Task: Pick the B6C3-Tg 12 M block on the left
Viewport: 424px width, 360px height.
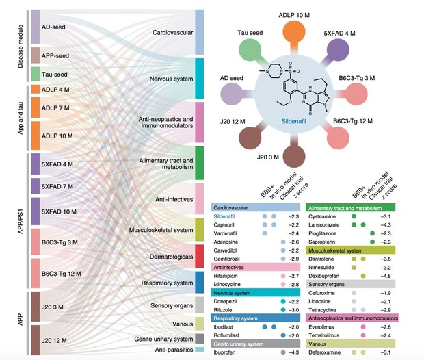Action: coord(65,274)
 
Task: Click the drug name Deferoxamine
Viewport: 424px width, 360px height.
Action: coord(328,352)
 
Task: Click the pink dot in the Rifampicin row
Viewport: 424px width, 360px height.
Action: coord(281,275)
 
